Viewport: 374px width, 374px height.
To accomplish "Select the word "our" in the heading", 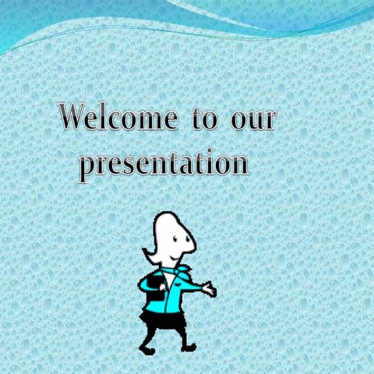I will [x=253, y=122].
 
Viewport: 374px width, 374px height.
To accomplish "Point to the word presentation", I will [x=164, y=164].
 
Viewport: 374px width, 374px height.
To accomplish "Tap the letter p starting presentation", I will [x=90, y=167].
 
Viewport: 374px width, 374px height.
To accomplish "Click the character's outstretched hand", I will [x=209, y=290].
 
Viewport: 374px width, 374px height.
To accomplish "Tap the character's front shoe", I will [x=189, y=345].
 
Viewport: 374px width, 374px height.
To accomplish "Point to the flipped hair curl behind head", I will [x=148, y=252].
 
